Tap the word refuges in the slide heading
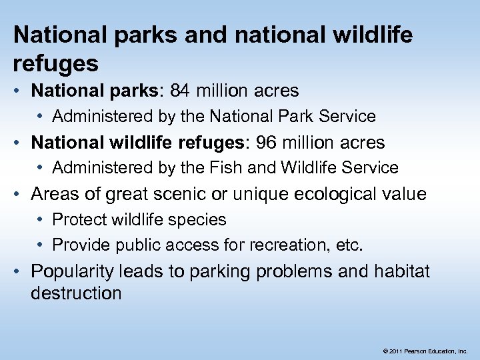click(x=56, y=63)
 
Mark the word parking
click(x=225, y=272)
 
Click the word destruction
click(x=76, y=293)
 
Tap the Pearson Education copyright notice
click(x=426, y=350)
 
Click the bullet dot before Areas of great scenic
click(x=21, y=195)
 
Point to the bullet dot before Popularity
click(x=21, y=272)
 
